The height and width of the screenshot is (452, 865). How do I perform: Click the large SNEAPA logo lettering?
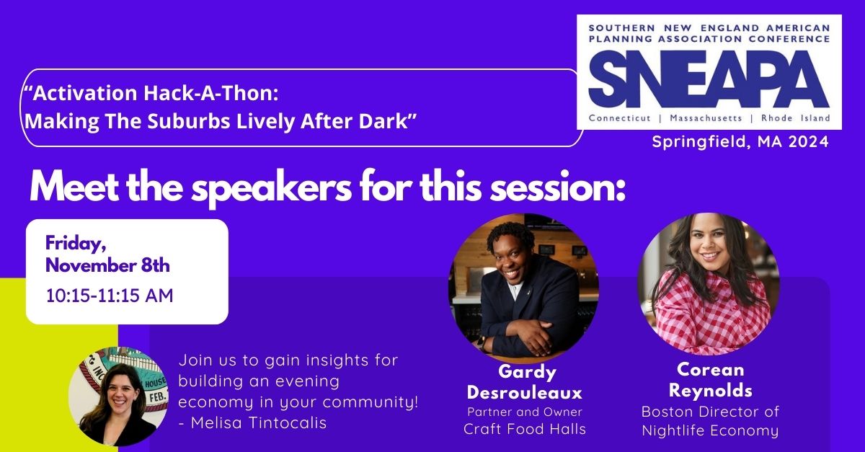point(709,79)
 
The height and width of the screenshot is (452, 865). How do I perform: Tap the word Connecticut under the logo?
point(620,118)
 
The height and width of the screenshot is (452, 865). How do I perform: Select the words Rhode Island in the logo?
point(796,118)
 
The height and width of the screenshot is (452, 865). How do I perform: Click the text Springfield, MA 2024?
point(740,141)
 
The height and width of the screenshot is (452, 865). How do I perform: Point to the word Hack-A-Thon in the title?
point(210,94)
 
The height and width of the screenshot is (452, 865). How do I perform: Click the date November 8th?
point(107,265)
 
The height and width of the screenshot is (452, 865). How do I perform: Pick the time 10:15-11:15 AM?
point(110,296)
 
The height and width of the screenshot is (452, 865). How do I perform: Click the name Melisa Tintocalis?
point(259,422)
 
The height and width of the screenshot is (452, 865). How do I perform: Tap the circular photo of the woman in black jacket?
point(118,396)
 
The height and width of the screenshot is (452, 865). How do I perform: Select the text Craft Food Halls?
point(525,429)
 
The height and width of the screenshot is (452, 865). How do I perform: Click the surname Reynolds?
point(711,391)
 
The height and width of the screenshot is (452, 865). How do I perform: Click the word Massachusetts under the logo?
point(706,118)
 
